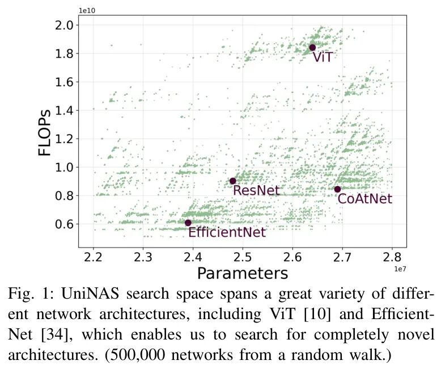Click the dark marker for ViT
coord(312,48)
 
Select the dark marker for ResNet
coord(233,181)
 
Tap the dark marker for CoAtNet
coord(338,189)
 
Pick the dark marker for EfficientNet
coord(188,223)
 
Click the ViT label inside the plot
coord(323,57)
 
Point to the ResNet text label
coord(256,190)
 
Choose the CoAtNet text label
coord(364,199)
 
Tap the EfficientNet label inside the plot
coord(227,232)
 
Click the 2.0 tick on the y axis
coord(64,25)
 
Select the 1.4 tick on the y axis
coord(64,110)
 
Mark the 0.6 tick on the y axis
coord(64,224)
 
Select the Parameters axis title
coord(243,274)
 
